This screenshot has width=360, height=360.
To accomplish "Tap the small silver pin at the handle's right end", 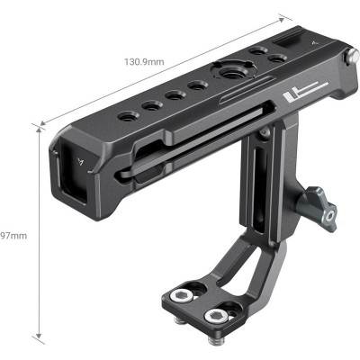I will [346, 61].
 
